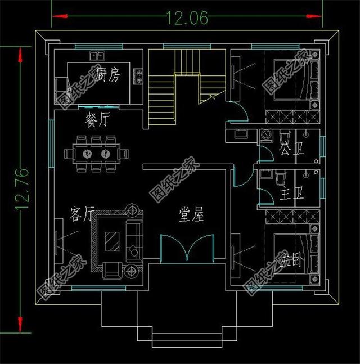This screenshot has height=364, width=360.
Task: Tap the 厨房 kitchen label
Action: tap(107, 75)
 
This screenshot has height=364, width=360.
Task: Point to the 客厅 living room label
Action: tap(82, 214)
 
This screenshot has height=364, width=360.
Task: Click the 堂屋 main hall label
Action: tap(191, 214)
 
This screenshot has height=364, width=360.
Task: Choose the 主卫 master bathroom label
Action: tap(291, 195)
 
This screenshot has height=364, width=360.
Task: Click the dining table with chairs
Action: tap(96, 154)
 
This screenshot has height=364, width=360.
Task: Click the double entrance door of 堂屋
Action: tap(187, 248)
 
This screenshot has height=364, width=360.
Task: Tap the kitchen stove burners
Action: tap(138, 77)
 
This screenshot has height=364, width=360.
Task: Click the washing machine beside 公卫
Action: tap(266, 136)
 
